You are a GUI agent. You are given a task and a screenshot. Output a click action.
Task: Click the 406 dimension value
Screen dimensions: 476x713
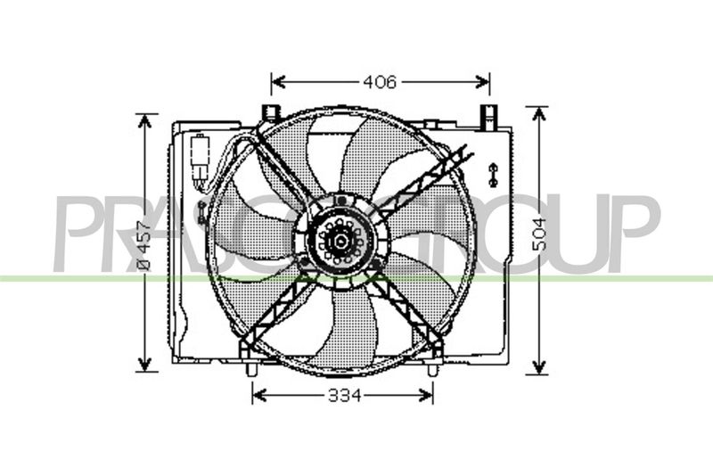380,83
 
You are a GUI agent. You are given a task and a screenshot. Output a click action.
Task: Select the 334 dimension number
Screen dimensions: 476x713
343,395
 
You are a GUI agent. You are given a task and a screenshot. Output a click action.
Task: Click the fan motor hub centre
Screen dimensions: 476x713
339,238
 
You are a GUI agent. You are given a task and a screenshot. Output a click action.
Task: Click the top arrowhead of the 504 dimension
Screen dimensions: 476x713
537,111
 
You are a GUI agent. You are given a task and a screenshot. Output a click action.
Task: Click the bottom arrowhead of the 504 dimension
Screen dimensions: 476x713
537,369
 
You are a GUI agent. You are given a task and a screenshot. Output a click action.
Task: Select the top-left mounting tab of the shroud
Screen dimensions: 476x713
271,114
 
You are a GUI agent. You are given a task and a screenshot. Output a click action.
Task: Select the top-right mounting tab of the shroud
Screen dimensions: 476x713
488,115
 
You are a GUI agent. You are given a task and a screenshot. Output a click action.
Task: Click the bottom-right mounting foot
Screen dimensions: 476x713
432,367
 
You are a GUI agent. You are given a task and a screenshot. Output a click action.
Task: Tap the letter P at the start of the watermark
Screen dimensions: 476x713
76,234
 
